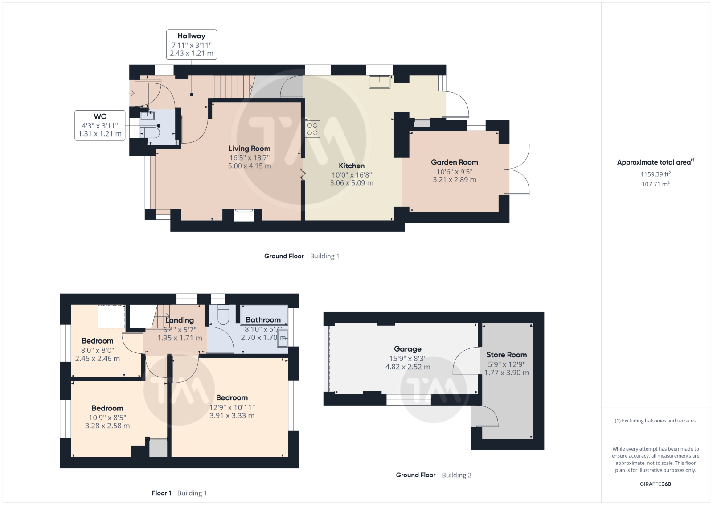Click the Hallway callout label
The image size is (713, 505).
191,45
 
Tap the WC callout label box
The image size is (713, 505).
100,125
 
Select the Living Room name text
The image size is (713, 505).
249,149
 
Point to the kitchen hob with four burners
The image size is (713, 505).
312,129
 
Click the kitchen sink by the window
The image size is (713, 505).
379,82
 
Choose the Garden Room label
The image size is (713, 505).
454,162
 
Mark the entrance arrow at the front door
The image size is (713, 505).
131,93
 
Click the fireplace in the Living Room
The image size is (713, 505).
244,215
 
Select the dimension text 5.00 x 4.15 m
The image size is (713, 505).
249,166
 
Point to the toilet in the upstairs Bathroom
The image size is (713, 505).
223,314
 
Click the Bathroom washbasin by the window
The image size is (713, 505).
283,338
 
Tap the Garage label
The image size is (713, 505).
407,349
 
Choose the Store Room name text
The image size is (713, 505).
506,355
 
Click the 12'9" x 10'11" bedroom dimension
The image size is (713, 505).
232,407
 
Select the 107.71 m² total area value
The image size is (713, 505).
656,184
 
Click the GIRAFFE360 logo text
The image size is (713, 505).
656,484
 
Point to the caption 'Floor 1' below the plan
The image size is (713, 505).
161,493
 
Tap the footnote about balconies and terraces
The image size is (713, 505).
655,421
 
